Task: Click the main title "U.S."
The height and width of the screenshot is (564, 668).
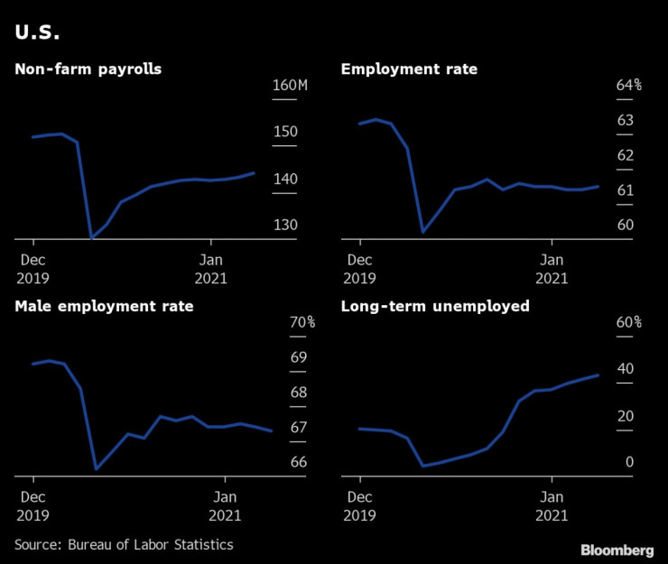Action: tap(38, 34)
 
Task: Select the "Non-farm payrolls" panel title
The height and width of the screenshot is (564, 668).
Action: tap(88, 69)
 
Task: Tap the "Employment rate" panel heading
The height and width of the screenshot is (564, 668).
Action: tap(409, 69)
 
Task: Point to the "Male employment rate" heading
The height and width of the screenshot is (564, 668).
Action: tap(104, 306)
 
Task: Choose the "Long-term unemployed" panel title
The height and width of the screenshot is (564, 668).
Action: tap(435, 306)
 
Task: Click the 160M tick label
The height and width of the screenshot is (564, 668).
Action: tap(290, 86)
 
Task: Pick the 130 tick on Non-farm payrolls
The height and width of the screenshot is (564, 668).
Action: tap(284, 225)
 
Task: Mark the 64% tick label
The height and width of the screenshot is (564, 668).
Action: tap(628, 86)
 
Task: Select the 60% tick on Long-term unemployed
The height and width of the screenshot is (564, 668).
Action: tap(628, 322)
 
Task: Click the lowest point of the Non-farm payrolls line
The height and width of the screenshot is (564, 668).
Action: tap(92, 238)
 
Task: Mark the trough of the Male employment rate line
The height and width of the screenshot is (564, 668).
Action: tap(96, 469)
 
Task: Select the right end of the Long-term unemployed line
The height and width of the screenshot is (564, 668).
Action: tap(598, 374)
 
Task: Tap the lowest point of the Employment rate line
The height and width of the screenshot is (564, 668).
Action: tap(422, 232)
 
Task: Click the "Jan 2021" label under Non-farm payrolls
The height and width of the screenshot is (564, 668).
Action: tap(211, 268)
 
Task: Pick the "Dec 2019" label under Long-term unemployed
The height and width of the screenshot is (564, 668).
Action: tap(359, 504)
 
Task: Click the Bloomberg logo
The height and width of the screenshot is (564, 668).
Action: tap(617, 550)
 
